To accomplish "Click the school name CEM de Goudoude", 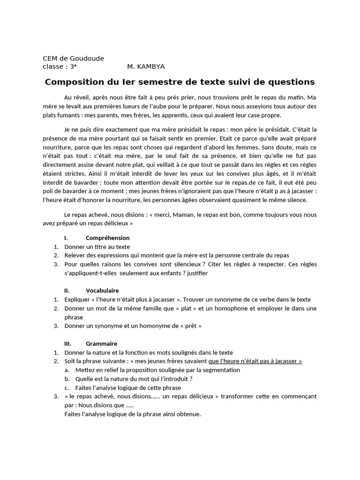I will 73,58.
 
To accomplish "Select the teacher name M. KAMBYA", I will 146,67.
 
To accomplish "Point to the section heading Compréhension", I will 107,238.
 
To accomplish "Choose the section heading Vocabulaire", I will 102,291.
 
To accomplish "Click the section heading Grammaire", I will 101,344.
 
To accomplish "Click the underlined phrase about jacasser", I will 255,361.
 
